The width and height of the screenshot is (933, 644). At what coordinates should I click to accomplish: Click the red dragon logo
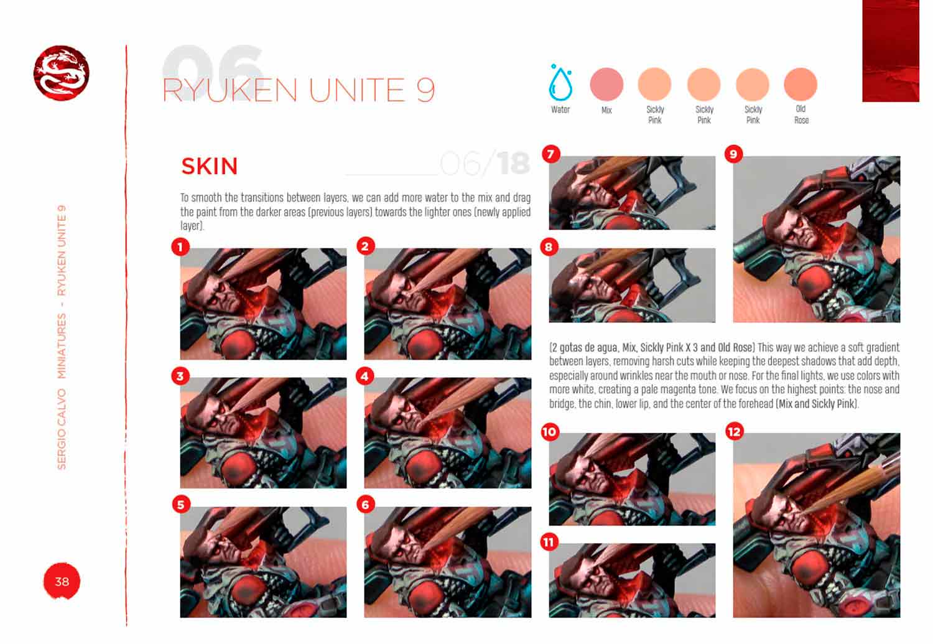tap(61, 73)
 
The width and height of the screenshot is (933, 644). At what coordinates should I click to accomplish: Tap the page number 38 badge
tap(62, 581)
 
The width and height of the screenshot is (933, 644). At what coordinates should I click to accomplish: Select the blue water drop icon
tap(560, 83)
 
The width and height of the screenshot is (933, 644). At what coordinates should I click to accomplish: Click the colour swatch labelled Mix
tap(606, 84)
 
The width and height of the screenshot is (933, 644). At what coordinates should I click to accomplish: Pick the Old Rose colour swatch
tap(801, 84)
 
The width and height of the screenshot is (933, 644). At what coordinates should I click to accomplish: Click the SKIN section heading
tap(210, 167)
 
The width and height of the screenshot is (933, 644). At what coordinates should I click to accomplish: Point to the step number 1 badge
tap(180, 247)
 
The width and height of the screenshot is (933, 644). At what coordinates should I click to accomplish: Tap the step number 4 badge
tap(365, 376)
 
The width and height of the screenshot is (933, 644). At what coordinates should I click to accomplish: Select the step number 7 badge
tap(551, 154)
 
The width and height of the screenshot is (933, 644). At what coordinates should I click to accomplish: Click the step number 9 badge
tap(734, 154)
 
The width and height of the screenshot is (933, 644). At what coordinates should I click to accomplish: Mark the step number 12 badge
tap(735, 432)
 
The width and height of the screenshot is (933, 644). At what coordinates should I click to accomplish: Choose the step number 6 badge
tap(365, 505)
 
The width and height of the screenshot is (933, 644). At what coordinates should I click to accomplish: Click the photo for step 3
tap(263, 433)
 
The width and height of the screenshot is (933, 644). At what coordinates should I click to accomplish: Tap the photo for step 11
tap(632, 580)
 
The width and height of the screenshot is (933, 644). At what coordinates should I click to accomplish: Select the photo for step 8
tap(632, 285)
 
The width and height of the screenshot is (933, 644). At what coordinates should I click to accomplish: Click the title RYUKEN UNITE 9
tap(298, 91)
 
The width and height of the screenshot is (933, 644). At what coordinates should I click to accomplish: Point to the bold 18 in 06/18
tap(513, 164)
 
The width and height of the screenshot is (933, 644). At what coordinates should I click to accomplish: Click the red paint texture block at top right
tap(890, 51)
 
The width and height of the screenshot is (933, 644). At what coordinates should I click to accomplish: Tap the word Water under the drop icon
tap(560, 110)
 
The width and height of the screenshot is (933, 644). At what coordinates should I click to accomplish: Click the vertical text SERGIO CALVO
tap(62, 429)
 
